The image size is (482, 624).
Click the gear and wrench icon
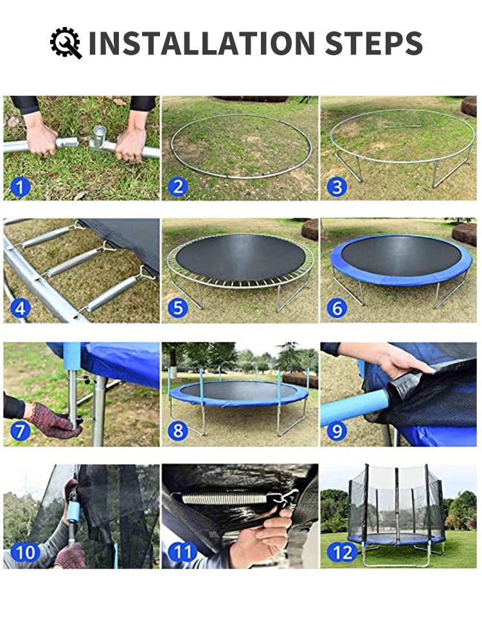(66, 43)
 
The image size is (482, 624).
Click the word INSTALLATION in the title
(202, 43)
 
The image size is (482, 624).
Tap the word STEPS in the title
(374, 43)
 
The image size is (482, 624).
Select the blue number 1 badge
(20, 186)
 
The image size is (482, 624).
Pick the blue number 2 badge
(178, 186)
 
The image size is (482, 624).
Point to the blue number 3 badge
(337, 186)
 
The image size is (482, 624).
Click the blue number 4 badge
(20, 308)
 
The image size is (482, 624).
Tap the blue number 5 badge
(178, 308)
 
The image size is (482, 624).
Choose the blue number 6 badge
(337, 308)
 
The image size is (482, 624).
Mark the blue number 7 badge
(20, 431)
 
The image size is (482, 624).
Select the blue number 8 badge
(178, 431)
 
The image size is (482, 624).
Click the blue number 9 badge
(337, 431)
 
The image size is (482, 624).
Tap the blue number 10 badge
(25, 553)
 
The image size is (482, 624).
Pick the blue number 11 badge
(183, 553)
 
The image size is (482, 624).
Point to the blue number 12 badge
(342, 553)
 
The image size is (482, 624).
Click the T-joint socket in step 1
(99, 138)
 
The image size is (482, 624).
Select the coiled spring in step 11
(224, 498)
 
